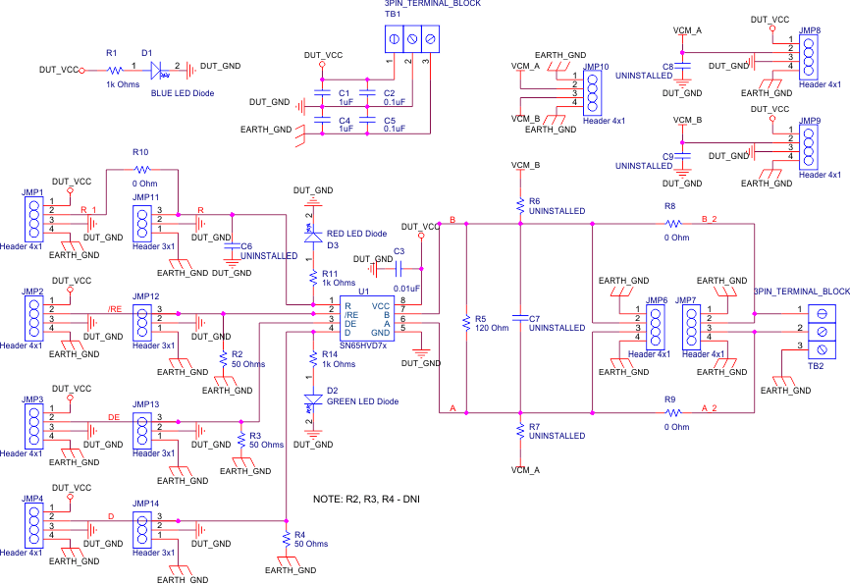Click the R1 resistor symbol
coord(114,70)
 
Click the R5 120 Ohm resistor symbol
coord(465,320)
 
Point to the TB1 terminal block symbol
coord(410,38)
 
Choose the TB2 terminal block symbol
coord(822,329)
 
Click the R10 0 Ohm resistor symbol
coord(139,169)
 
